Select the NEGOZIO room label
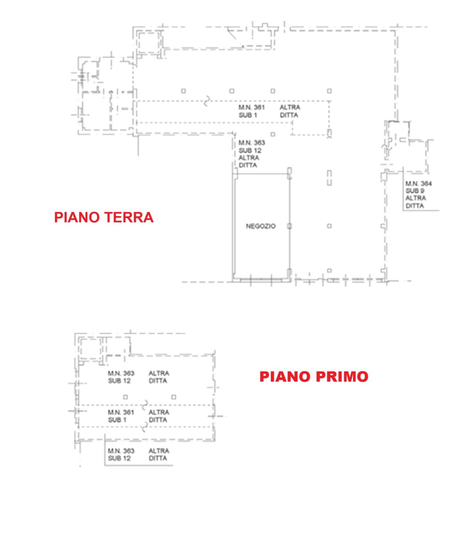point(261,226)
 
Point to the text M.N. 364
point(419,183)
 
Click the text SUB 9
point(415,191)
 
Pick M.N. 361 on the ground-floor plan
point(252,107)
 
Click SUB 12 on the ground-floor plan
point(250,150)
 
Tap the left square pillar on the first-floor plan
point(125,397)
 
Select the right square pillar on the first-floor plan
point(174,397)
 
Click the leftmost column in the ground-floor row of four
point(183,91)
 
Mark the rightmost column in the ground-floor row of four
point(329,91)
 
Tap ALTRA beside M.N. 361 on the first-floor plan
point(159,412)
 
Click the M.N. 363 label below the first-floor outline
point(121,451)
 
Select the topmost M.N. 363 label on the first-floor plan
point(121,374)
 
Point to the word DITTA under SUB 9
point(415,206)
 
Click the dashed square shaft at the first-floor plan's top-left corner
point(90,349)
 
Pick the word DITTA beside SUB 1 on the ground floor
point(289,115)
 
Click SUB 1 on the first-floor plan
point(117,420)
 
